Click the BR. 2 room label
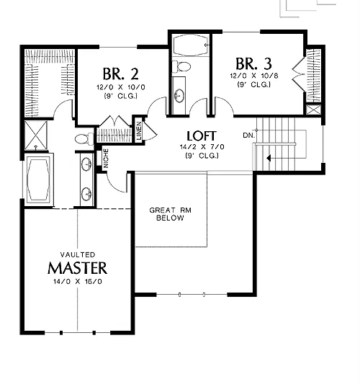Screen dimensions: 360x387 [x=120, y=74]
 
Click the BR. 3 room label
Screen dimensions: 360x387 [x=253, y=63]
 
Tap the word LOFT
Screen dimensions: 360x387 [x=202, y=136]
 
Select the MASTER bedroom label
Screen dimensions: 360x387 [x=78, y=268]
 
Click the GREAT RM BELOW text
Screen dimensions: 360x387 [x=171, y=214]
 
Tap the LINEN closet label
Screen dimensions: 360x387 [x=139, y=131]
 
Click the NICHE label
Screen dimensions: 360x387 [x=106, y=159]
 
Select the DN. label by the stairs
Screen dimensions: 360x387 [x=248, y=135]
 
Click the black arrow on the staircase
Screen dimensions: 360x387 [x=269, y=158]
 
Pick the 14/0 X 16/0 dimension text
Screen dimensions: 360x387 [x=78, y=281]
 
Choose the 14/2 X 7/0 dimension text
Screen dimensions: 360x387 [x=202, y=147]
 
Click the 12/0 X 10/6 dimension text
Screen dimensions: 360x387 [x=254, y=76]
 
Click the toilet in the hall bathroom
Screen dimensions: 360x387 [x=181, y=66]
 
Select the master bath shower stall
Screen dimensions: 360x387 [x=36, y=135]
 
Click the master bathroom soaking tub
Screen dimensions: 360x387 [x=39, y=179]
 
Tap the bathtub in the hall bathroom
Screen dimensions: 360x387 [x=190, y=45]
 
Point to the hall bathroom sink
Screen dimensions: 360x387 [x=179, y=95]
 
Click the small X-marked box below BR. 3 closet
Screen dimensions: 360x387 [x=313, y=110]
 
